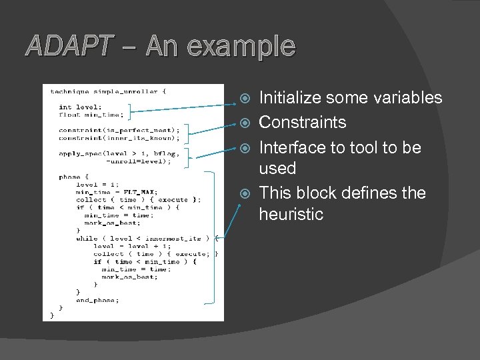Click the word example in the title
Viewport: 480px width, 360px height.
point(241,46)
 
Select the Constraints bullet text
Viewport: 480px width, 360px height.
point(303,123)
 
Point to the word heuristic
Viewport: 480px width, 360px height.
point(291,215)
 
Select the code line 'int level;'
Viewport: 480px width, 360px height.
point(80,107)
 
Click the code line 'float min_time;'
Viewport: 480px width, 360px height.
point(83,114)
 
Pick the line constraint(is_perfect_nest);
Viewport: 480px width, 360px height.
point(119,130)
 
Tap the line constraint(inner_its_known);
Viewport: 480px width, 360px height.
point(119,138)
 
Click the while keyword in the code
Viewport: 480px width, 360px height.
point(86,238)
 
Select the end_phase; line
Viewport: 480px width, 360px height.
point(98,300)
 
